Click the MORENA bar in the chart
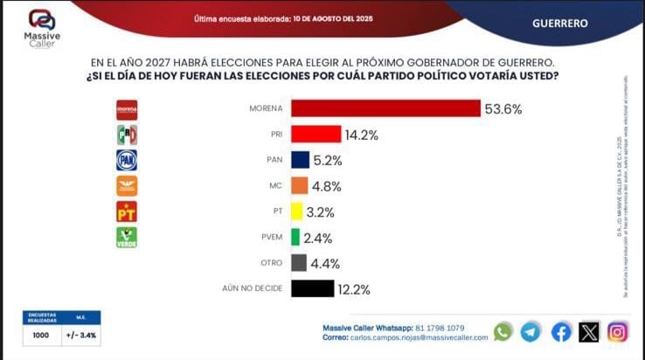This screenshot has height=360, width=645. pyautogui.click(x=385, y=108)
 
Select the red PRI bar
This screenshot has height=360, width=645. pyautogui.click(x=316, y=135)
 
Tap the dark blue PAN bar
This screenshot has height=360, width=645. pyautogui.click(x=300, y=160)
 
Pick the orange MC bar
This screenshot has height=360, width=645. pyautogui.click(x=299, y=186)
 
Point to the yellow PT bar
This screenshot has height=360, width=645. pyautogui.click(x=296, y=211)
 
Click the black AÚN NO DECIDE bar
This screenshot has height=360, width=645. pyautogui.click(x=312, y=288)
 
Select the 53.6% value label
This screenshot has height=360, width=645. pyautogui.click(x=506, y=109)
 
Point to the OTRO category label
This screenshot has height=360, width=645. pyautogui.click(x=271, y=263)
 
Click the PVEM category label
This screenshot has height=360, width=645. pyautogui.click(x=269, y=238)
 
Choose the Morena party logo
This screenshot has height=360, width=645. pyautogui.click(x=127, y=109)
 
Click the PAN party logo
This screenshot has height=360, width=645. pyautogui.click(x=127, y=160)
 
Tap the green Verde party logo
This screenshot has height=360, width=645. pyautogui.click(x=127, y=238)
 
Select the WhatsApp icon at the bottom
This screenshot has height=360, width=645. pyautogui.click(x=503, y=332)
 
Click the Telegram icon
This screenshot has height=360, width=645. pyautogui.click(x=531, y=332)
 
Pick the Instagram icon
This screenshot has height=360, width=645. pyautogui.click(x=618, y=332)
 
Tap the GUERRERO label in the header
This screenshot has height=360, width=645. pyautogui.click(x=559, y=24)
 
